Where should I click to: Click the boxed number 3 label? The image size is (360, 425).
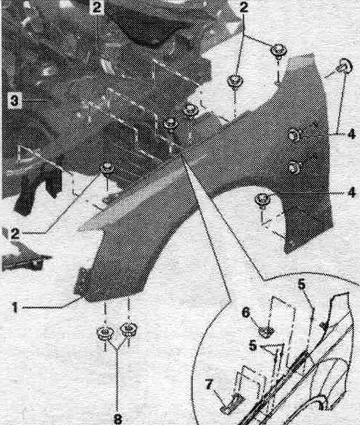point(14,100)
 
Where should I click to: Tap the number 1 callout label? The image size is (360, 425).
point(15,307)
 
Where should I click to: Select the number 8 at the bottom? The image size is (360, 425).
point(117,419)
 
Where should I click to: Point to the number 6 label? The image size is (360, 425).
point(245,312)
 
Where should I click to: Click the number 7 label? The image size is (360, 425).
point(208,385)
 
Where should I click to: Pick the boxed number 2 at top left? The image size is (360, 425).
point(96,7)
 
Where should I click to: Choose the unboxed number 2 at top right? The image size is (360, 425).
point(243,7)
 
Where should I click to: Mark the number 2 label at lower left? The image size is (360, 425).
point(15,233)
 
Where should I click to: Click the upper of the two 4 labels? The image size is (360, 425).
point(351,134)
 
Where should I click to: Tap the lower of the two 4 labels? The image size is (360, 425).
point(351,192)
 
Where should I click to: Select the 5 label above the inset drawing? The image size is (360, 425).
point(301,284)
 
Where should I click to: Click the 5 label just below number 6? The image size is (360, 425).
point(252,346)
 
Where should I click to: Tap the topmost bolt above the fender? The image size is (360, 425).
point(278,51)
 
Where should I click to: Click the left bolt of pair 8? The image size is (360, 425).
point(105,333)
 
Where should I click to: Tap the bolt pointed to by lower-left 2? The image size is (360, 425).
point(107,168)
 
